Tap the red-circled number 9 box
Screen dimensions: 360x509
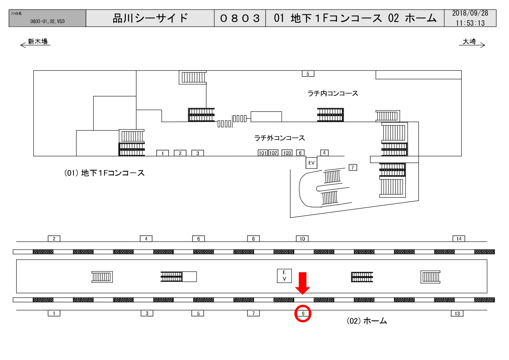pyautogui.click(x=303, y=313)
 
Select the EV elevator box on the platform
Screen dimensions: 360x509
pyautogui.click(x=284, y=276)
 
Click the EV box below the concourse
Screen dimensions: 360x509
pyautogui.click(x=311, y=163)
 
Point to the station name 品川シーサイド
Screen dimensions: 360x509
pyautogui.click(x=150, y=18)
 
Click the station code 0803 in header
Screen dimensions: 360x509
pyautogui.click(x=240, y=18)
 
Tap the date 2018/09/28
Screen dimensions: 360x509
pyautogui.click(x=470, y=13)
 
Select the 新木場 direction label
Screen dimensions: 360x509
pyautogui.click(x=38, y=41)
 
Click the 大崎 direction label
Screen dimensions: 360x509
pyautogui.click(x=469, y=41)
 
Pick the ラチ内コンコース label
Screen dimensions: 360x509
pyautogui.click(x=333, y=93)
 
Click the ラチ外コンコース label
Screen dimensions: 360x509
pyautogui.click(x=280, y=138)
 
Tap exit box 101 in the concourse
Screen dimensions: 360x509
pyautogui.click(x=262, y=153)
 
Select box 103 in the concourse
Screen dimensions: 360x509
pyautogui.click(x=287, y=153)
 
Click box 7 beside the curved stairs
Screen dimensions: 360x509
pyautogui.click(x=353, y=167)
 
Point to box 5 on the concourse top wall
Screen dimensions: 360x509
pyautogui.click(x=308, y=74)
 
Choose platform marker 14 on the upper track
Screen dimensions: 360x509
pyautogui.click(x=459, y=239)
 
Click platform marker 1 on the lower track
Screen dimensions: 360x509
pyautogui.click(x=54, y=313)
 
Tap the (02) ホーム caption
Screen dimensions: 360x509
pyautogui.click(x=367, y=321)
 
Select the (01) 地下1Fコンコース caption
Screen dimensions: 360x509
pyautogui.click(x=104, y=173)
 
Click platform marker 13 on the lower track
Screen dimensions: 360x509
pyautogui.click(x=457, y=313)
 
